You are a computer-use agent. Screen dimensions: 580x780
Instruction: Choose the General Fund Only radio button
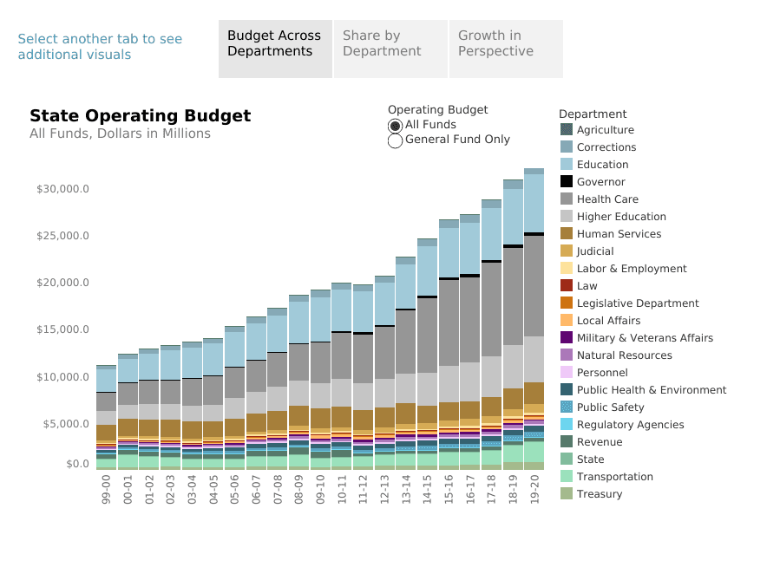396,140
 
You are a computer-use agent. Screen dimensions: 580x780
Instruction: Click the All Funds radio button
396,126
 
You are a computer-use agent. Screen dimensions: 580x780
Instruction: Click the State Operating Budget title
140,116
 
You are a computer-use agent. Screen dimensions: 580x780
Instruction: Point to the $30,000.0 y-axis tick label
62,189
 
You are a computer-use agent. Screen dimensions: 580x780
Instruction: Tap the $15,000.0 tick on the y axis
62,329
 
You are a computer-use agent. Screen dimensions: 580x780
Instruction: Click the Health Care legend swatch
567,199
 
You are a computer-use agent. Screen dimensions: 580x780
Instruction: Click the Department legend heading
593,114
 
